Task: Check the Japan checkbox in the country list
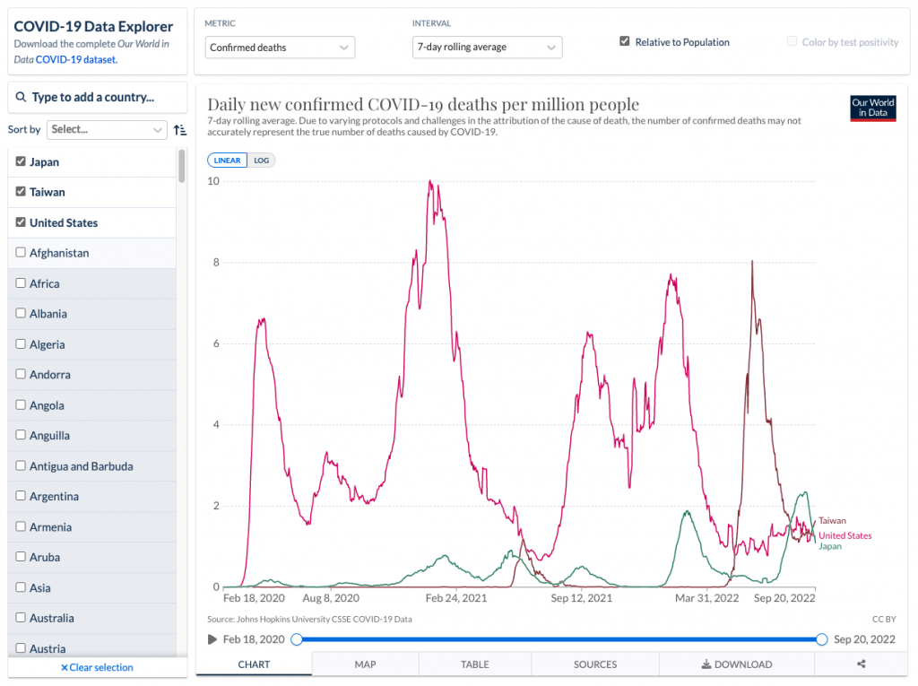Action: click(x=21, y=162)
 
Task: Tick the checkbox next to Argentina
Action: click(x=21, y=497)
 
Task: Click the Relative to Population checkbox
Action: click(x=625, y=42)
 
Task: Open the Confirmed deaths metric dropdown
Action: click(x=280, y=48)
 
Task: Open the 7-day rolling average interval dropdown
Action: click(x=487, y=48)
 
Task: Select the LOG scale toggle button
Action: click(x=262, y=161)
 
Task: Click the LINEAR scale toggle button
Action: click(x=227, y=161)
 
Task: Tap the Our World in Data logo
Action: click(x=872, y=109)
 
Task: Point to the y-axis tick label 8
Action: click(x=216, y=263)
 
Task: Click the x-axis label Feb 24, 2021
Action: click(x=455, y=598)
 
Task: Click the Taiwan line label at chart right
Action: click(x=832, y=521)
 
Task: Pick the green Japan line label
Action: click(x=830, y=546)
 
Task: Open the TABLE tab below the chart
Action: click(x=474, y=664)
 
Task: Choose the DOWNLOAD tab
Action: click(x=736, y=664)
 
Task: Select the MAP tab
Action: click(x=365, y=664)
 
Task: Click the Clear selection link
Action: click(x=97, y=667)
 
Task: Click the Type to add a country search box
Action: click(x=97, y=97)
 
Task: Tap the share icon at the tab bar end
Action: click(x=861, y=664)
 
